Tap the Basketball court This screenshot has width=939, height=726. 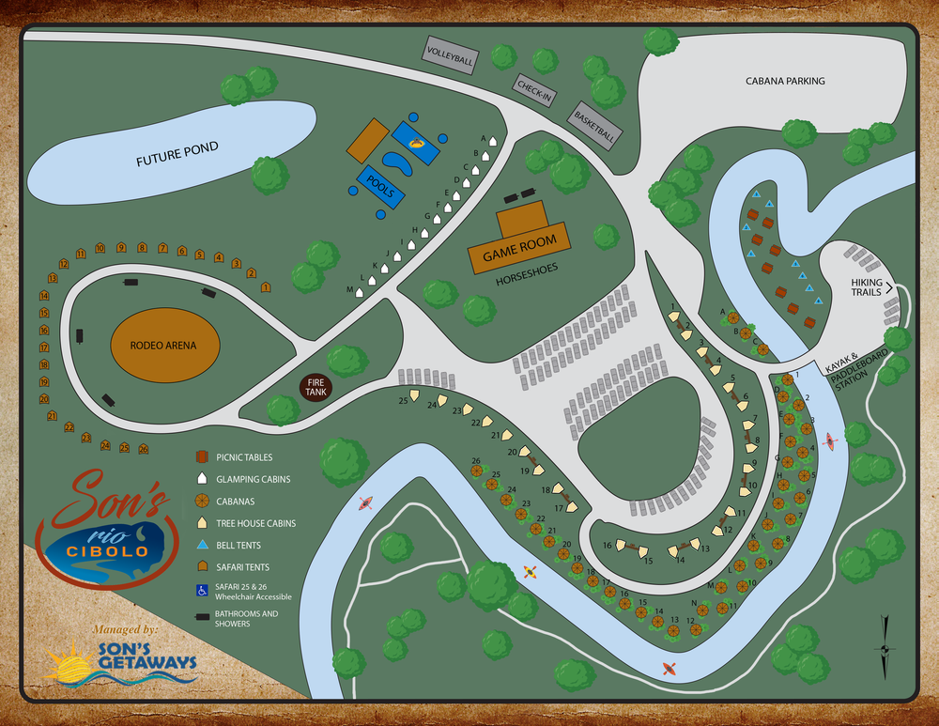(593, 124)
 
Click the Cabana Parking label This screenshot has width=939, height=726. (785, 81)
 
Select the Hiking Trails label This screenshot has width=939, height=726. (867, 286)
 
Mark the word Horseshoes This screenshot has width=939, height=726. (527, 269)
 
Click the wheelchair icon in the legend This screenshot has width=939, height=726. (200, 591)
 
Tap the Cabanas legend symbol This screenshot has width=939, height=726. (201, 501)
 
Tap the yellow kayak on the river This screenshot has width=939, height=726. (531, 571)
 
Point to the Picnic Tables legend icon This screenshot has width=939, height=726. (201, 457)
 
